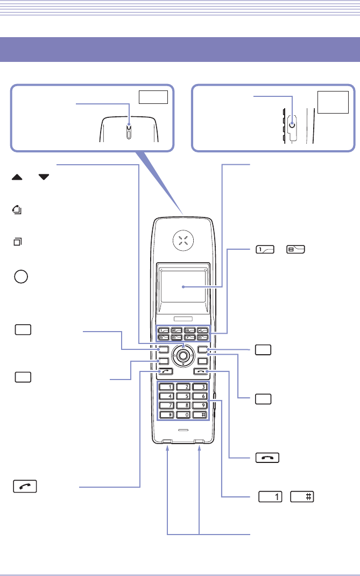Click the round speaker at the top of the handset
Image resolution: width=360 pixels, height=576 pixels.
[183, 242]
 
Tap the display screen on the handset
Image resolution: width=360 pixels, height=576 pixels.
[183, 287]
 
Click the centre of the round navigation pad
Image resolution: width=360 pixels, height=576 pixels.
[183, 355]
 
